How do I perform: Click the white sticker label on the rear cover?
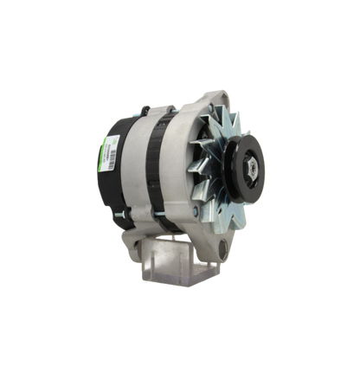112,152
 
